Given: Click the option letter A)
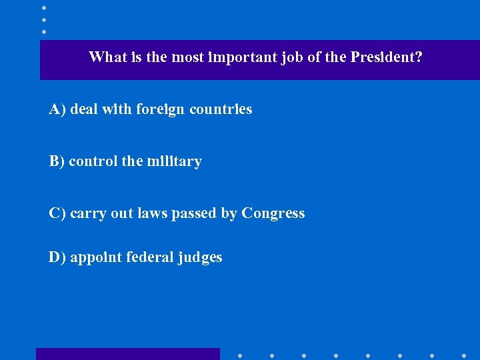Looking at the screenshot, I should click(57, 109).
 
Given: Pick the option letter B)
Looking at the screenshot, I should click(57, 161).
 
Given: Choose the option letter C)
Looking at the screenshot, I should click(57, 213).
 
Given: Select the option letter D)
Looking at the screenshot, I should click(57, 257).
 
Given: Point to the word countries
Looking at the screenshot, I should click(221, 109).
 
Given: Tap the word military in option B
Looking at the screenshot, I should click(174, 161).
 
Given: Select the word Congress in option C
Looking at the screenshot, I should click(273, 213).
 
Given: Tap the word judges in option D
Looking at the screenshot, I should click(201, 258).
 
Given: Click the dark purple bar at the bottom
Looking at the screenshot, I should click(127, 353).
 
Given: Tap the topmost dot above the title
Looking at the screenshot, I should click(43, 7).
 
